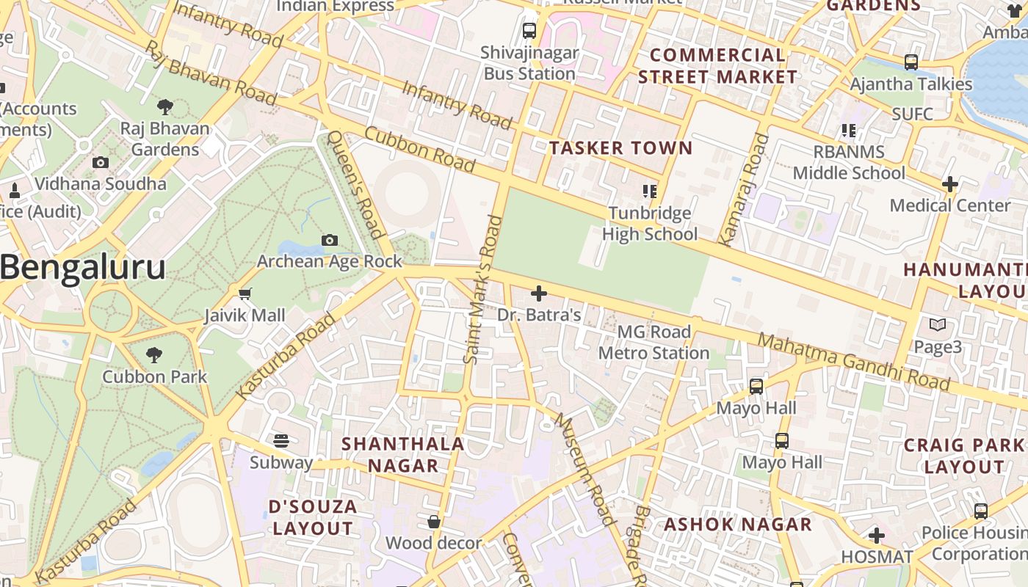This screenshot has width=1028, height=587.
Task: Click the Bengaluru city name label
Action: point(82,268)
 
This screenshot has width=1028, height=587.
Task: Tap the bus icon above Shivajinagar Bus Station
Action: point(529,31)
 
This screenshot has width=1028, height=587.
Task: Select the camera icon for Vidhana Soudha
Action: point(101,163)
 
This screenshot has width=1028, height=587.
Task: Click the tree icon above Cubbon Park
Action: point(154,356)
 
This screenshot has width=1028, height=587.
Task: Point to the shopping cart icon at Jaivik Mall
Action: point(245,294)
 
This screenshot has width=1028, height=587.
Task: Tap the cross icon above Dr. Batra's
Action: point(539,294)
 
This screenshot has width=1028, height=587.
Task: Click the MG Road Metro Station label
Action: point(654,343)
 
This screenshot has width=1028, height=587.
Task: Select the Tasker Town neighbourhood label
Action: point(621,148)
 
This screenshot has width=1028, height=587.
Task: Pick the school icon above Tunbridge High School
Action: point(650,192)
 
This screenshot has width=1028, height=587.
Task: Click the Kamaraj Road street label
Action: point(742,189)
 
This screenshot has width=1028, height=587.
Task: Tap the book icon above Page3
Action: point(938,324)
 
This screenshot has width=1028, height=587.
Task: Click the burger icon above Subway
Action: point(281,440)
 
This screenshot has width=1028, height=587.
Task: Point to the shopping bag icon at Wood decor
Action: point(434,522)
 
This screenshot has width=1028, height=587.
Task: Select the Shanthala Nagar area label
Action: point(403,454)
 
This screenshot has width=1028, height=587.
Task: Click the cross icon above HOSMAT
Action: point(877,536)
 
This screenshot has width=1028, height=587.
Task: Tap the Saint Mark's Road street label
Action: point(482,289)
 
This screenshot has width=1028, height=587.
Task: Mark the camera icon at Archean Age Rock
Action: point(330,240)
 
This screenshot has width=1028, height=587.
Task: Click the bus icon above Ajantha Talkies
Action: point(911,62)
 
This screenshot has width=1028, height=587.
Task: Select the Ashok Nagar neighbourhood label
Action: point(738,525)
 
